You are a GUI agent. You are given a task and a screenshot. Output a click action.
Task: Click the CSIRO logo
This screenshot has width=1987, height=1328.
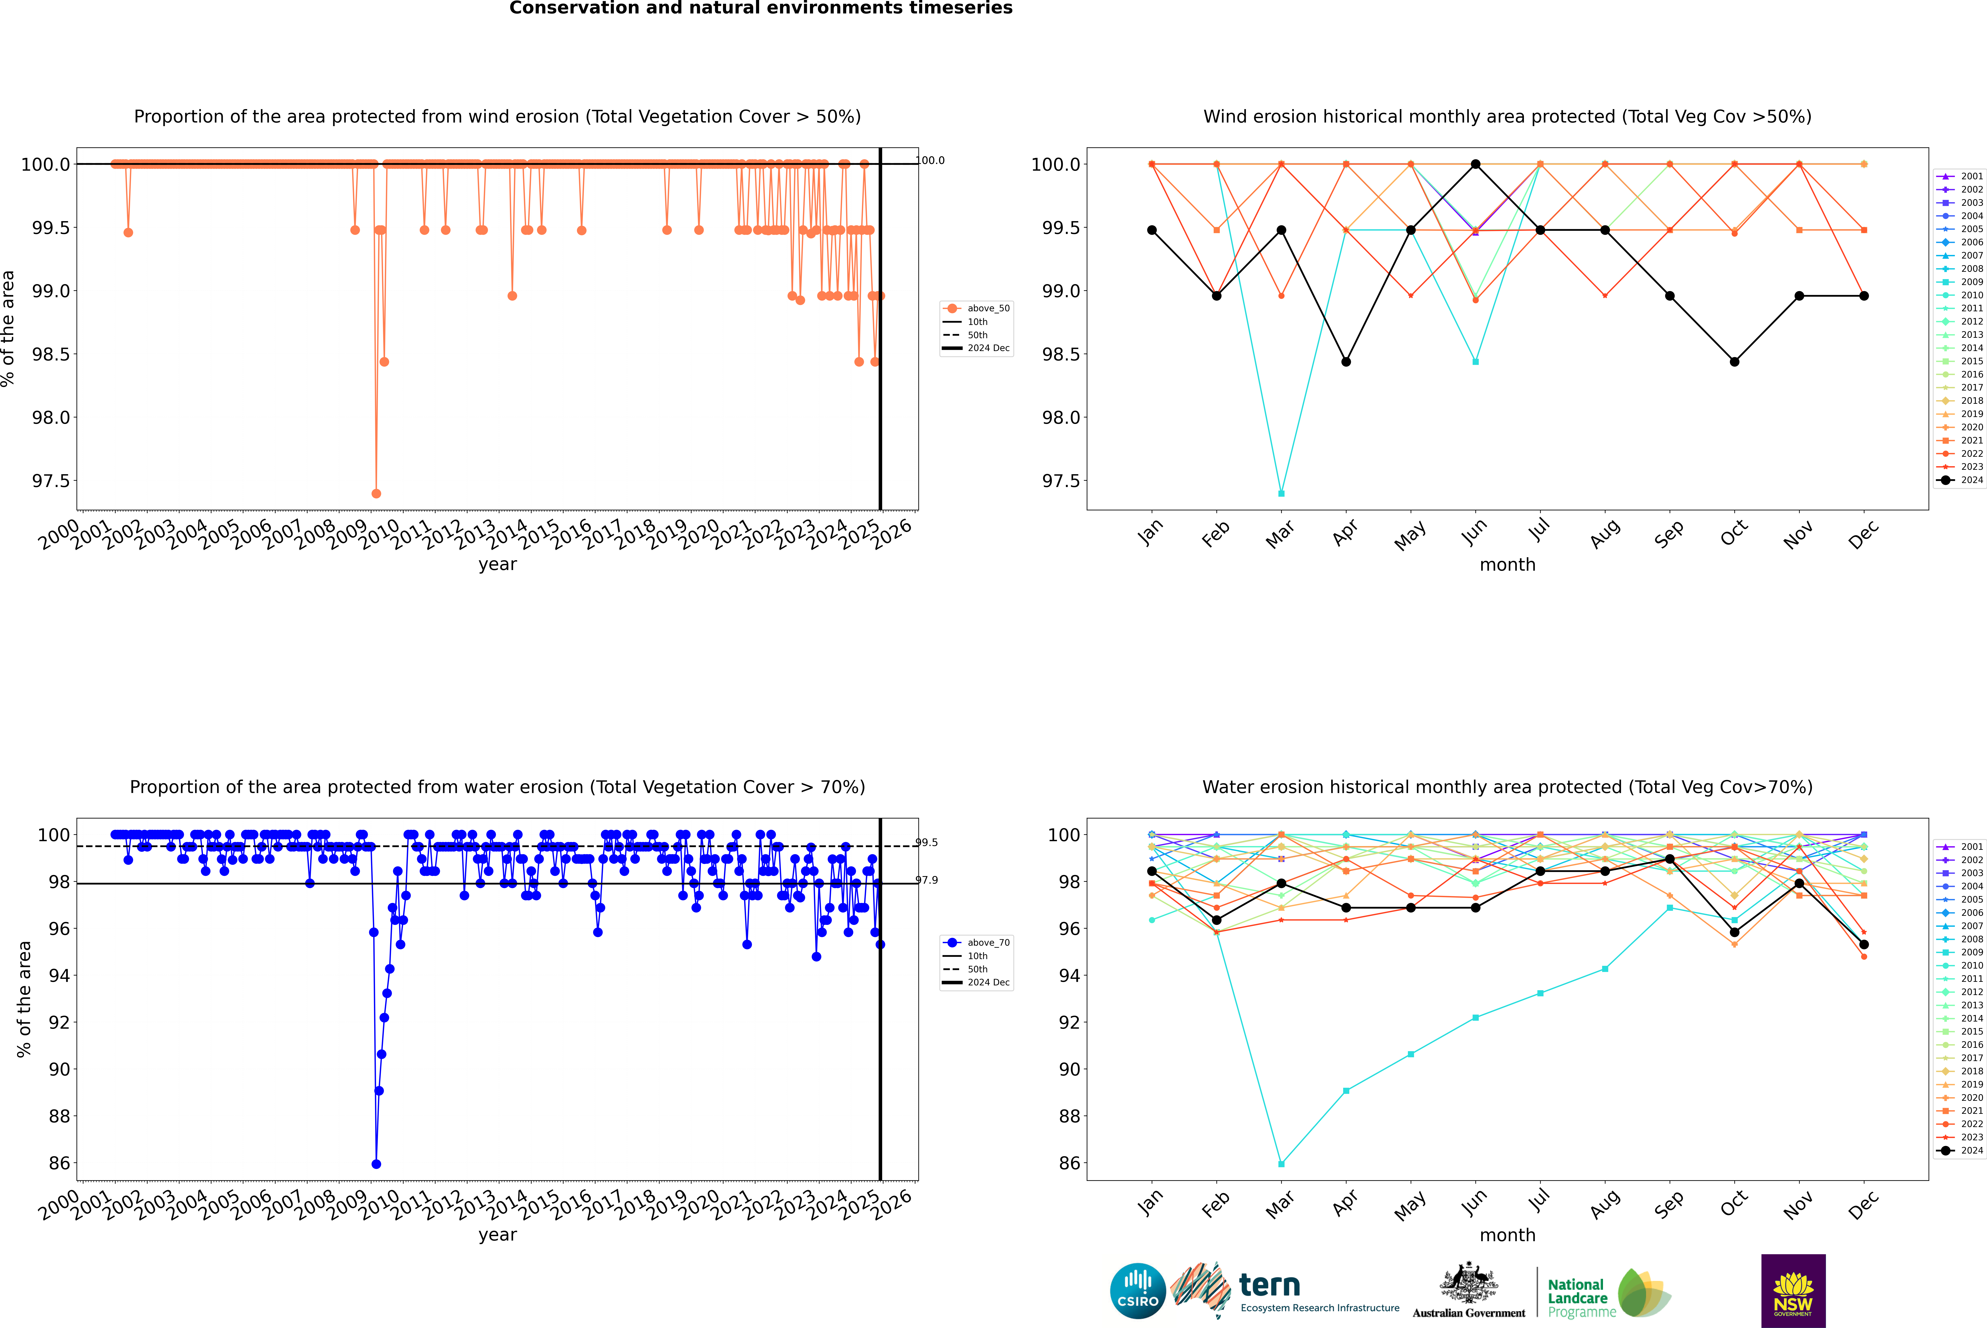click(1138, 1291)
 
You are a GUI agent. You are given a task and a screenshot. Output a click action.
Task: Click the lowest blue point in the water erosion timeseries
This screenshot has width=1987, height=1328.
click(376, 1164)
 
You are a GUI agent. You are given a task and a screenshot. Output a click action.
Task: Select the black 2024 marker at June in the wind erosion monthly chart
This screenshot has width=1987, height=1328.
click(1475, 164)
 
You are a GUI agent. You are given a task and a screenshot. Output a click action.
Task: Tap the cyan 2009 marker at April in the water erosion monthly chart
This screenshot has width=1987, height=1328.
click(1346, 1091)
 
